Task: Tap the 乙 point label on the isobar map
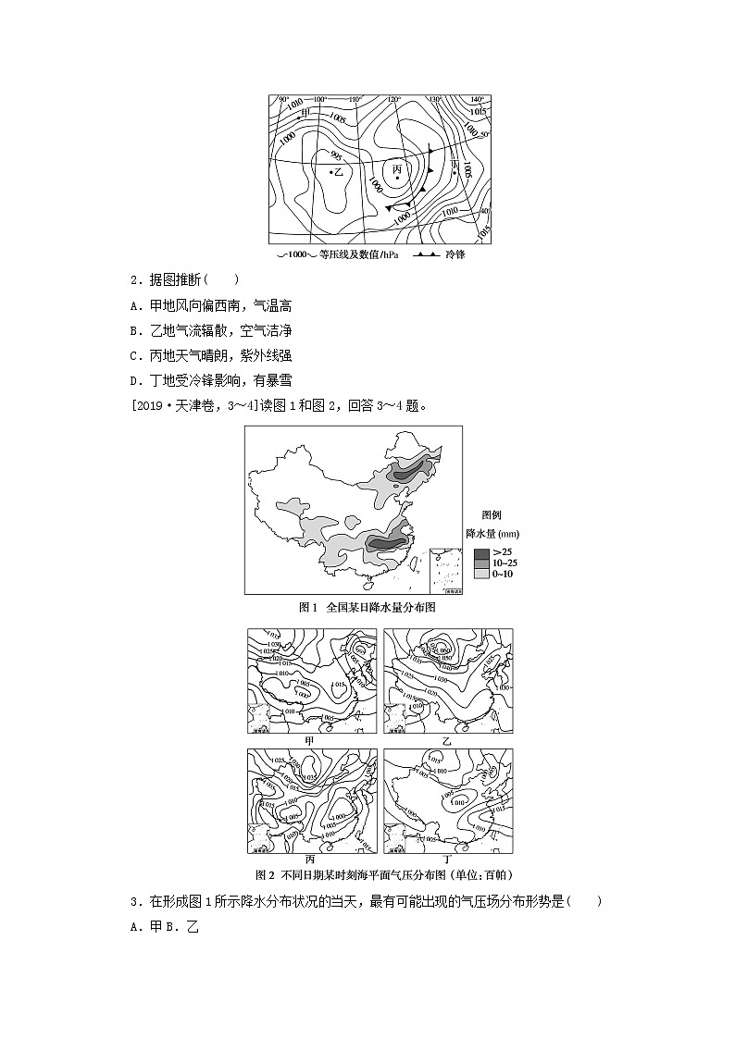338,172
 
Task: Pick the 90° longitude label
283,99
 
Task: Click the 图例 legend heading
492,515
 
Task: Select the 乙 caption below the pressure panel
447,740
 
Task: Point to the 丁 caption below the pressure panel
447,860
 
